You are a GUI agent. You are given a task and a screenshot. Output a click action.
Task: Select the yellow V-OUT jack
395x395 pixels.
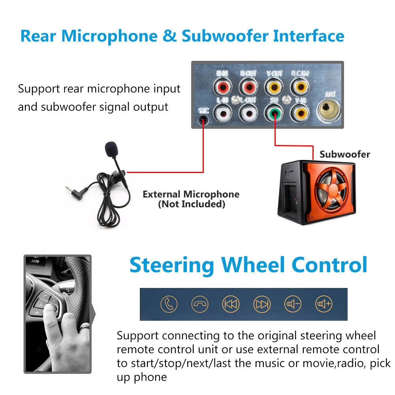[x=274, y=86]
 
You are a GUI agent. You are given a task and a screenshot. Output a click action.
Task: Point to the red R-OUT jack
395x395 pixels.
[x=248, y=86]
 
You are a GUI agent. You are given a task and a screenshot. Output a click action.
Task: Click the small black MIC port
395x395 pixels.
[x=203, y=117]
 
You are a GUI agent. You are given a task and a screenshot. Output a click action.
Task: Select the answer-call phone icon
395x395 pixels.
[x=169, y=304]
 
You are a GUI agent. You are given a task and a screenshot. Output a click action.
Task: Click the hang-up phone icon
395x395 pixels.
[x=200, y=304]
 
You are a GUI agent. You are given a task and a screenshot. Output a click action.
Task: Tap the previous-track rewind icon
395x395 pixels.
[x=231, y=304]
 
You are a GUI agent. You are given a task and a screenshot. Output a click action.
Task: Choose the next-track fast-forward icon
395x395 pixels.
[x=261, y=304]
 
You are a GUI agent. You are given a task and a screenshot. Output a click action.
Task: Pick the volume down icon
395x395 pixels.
[x=293, y=304]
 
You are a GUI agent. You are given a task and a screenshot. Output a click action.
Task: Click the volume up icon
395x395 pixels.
[x=324, y=304]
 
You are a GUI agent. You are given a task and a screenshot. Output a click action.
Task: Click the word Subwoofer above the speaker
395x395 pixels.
[x=345, y=154]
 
